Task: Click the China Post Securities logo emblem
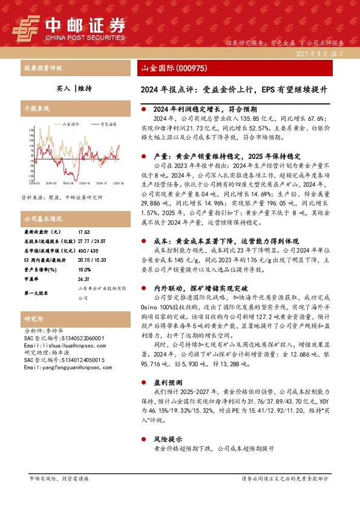coord(27,28)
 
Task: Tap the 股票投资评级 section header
coord(43,69)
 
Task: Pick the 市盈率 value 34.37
coord(84,279)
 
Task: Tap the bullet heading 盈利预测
coord(167,383)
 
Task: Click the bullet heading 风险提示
coord(167,439)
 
